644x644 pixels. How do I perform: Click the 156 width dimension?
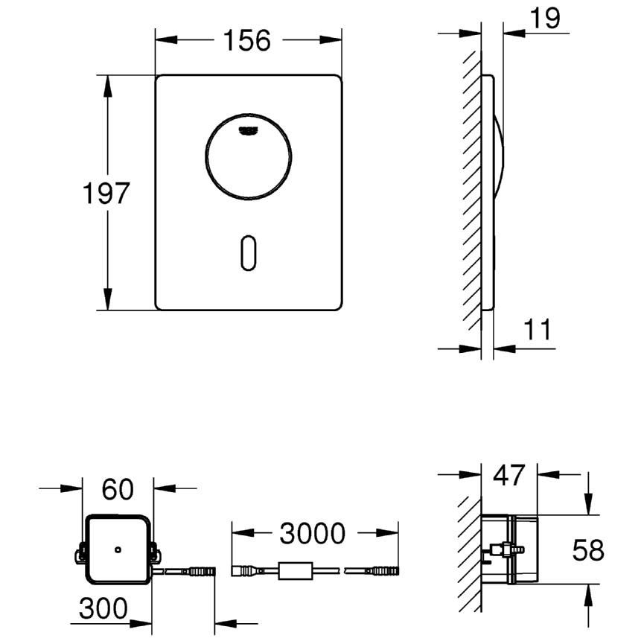(247, 40)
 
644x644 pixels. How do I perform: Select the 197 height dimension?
(106, 193)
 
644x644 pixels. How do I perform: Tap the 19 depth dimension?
(545, 18)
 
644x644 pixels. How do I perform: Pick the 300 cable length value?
(103, 608)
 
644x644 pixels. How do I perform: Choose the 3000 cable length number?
(312, 533)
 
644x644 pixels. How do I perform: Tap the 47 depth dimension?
(509, 475)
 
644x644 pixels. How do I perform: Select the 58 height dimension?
(588, 550)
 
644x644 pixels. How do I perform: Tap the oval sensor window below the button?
(248, 253)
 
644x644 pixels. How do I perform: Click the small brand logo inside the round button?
(248, 130)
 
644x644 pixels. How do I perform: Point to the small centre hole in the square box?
(118, 549)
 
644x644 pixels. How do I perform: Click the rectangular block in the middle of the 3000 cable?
(296, 571)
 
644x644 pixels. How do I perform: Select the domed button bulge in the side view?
(499, 156)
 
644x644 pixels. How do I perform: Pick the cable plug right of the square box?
(201, 571)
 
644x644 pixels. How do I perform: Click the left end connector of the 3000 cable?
(244, 571)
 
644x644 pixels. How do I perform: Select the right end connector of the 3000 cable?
(385, 571)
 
